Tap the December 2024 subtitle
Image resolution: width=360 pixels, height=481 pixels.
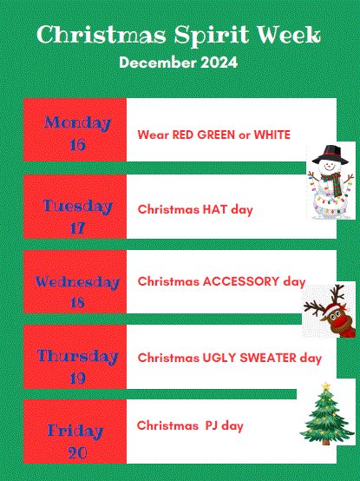[178, 63]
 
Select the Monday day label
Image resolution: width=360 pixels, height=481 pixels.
[77, 122]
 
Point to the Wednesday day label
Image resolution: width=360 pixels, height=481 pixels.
[77, 282]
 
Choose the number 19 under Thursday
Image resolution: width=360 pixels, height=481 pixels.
[77, 377]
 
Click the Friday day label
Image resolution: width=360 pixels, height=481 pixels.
[77, 432]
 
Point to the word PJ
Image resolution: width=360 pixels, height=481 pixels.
[213, 425]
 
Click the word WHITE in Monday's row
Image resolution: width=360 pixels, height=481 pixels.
[271, 135]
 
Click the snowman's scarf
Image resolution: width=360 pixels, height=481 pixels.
[331, 180]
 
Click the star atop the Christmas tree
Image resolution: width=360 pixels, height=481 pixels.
[326, 386]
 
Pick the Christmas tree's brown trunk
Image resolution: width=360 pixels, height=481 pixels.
[326, 440]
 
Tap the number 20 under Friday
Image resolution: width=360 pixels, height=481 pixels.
[77, 452]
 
